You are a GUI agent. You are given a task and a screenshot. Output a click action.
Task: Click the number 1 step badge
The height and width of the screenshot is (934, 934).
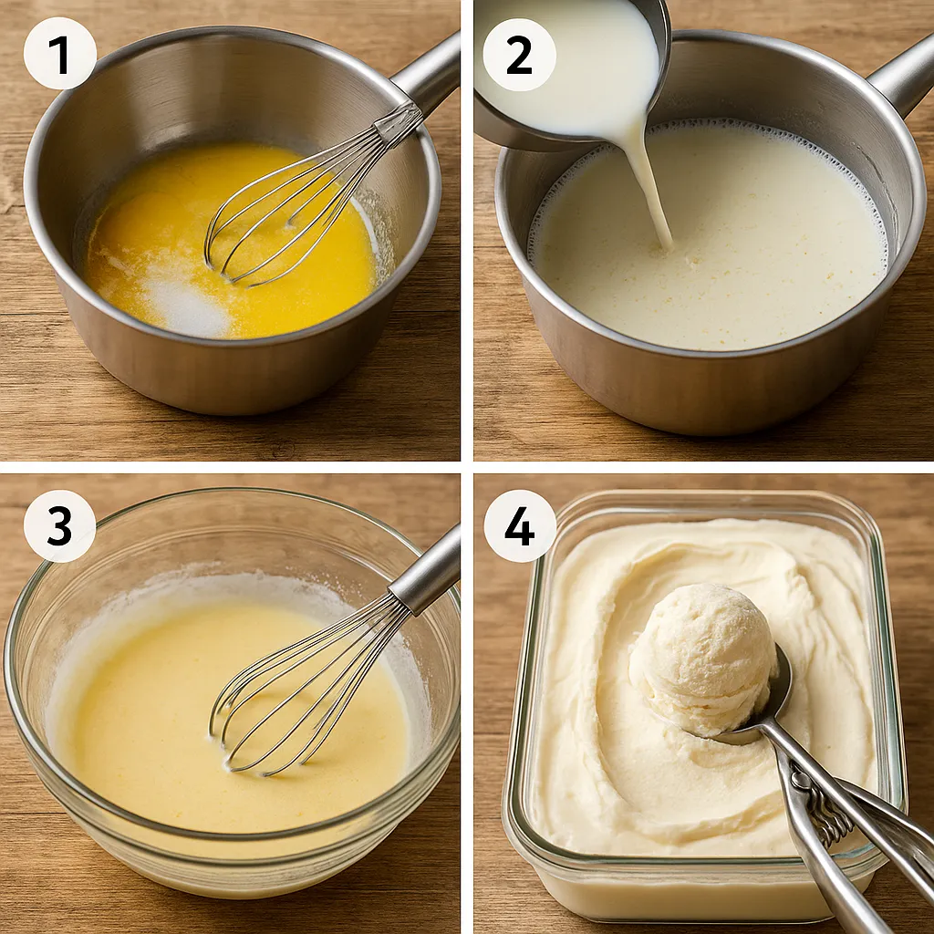click(60, 54)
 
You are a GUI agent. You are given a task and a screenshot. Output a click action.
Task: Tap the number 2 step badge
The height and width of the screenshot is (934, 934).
click(519, 55)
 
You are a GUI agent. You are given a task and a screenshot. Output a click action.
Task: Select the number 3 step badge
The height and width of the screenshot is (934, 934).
click(59, 526)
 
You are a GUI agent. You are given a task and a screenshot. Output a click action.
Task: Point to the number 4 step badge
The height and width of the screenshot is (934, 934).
click(519, 526)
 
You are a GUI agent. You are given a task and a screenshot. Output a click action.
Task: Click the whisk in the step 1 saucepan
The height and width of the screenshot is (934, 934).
click(310, 197)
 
